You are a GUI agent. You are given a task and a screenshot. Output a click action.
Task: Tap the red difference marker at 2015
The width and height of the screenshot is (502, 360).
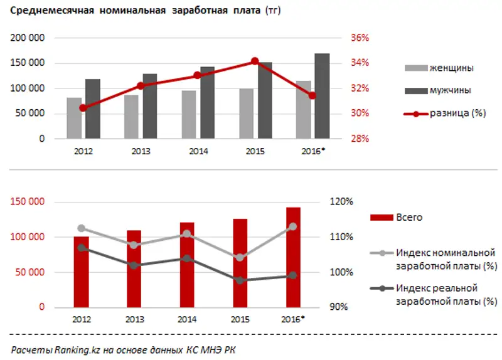[x=255, y=61]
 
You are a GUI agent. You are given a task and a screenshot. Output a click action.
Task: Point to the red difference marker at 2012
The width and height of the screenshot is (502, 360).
[x=83, y=108]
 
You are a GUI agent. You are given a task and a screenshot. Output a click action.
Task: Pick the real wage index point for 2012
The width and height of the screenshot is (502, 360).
[x=82, y=248]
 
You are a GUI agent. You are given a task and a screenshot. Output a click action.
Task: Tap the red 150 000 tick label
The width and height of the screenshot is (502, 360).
[x=28, y=202]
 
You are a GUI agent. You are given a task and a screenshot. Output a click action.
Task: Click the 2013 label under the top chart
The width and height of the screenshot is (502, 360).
[x=141, y=151]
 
